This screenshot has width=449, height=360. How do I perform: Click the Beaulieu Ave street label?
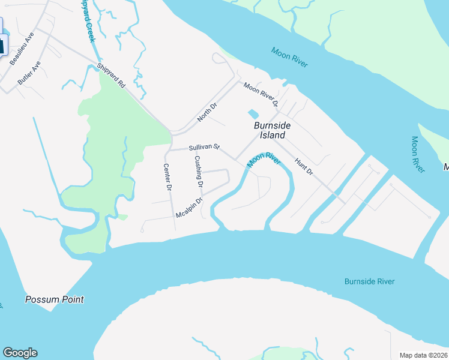click(x=21, y=47)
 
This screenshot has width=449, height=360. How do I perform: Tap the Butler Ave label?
click(x=29, y=72)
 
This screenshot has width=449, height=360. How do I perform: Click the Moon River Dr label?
click(x=261, y=95)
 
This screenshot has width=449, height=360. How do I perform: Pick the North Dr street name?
click(x=207, y=112)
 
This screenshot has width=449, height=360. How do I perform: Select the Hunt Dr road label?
click(x=304, y=166)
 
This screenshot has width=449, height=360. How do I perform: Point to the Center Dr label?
click(x=168, y=178)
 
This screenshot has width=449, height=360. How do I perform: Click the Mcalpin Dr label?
click(x=189, y=208)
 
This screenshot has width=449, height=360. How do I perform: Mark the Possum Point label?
click(x=54, y=299)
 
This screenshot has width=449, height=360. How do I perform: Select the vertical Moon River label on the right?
click(x=417, y=155)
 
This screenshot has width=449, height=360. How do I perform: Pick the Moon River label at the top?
click(x=289, y=57)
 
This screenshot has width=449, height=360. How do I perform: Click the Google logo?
click(x=20, y=353)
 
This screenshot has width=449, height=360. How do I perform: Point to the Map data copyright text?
click(x=423, y=355)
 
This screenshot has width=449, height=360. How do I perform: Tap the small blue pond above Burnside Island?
click(x=253, y=113)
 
